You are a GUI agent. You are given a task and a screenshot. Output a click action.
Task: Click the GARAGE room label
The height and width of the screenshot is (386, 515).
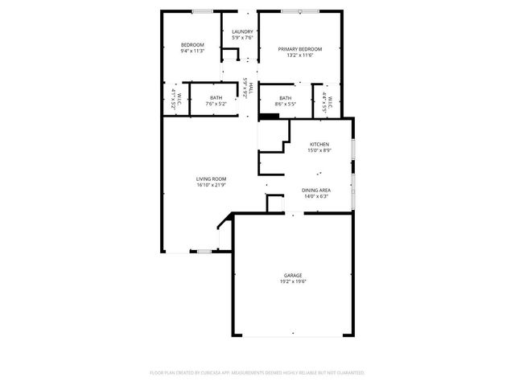292,275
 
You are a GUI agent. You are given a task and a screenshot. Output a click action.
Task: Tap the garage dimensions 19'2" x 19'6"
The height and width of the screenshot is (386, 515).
292,281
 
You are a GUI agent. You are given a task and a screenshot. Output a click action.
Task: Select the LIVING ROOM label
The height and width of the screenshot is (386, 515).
212,179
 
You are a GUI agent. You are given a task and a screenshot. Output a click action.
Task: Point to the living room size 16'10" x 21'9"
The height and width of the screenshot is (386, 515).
212,185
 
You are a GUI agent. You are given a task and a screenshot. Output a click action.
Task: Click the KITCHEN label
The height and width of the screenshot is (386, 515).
318,144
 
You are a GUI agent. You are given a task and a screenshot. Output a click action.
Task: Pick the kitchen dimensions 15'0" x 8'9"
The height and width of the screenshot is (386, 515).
318,150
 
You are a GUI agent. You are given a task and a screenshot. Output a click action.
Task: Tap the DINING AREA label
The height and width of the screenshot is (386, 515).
315,190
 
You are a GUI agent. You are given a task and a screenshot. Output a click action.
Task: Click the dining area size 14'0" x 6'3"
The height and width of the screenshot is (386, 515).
315,196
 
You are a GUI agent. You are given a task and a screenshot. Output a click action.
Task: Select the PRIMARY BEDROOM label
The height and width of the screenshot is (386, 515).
300,49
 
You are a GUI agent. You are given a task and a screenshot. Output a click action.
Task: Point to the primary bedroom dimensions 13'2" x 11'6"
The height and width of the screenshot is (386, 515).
300,55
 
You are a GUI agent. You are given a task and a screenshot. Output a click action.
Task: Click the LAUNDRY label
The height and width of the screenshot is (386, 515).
242,31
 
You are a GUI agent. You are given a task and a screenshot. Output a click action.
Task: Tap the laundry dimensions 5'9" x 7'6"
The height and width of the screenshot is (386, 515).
242,38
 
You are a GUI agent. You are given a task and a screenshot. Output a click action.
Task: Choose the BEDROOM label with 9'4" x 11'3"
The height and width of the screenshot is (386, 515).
192,44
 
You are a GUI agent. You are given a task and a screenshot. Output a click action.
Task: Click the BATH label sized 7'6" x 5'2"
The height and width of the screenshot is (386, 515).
216,97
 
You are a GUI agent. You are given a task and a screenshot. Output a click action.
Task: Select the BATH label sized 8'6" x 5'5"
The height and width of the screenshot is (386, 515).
286,97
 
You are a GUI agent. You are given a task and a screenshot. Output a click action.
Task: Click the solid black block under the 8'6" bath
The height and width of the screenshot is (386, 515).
270,116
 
